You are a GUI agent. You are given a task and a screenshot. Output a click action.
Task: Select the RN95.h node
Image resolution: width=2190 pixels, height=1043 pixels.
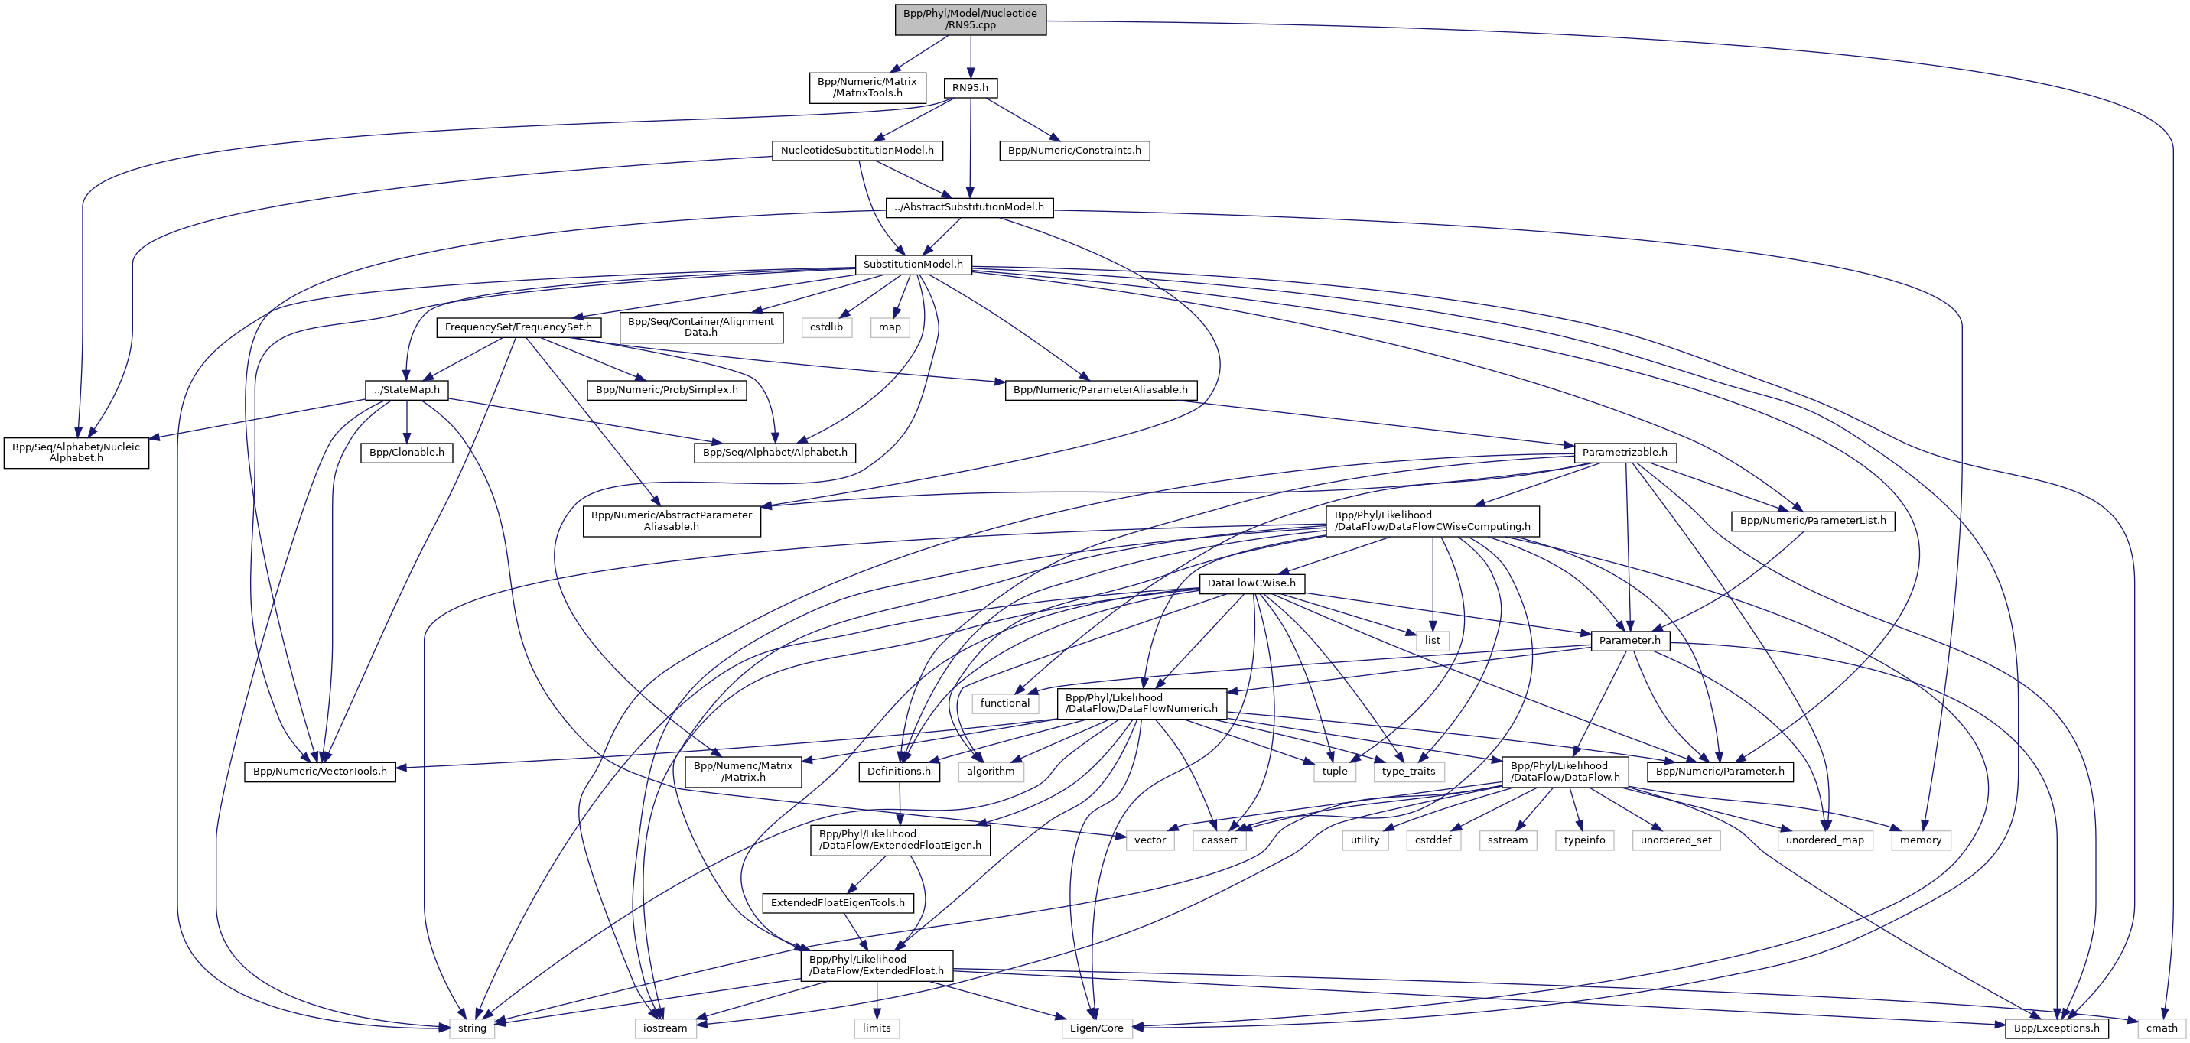pyautogui.click(x=970, y=88)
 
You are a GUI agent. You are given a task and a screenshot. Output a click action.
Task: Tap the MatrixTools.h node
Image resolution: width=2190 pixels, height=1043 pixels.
pyautogui.click(x=867, y=88)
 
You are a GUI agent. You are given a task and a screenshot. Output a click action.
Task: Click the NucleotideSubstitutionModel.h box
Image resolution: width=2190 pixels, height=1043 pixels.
pyautogui.click(x=857, y=151)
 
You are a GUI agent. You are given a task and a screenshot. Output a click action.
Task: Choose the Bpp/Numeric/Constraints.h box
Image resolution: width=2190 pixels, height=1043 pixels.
pyautogui.click(x=1075, y=151)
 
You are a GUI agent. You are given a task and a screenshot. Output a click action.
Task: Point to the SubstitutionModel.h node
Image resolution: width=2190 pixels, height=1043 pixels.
pyautogui.click(x=913, y=265)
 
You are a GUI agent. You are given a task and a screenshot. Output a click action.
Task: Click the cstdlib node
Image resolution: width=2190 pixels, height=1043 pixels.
pyautogui.click(x=826, y=327)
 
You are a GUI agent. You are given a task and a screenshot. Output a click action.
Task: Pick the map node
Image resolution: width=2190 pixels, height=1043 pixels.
pyautogui.click(x=890, y=327)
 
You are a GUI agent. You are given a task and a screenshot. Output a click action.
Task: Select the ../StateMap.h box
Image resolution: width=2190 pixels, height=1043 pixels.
pyautogui.click(x=407, y=390)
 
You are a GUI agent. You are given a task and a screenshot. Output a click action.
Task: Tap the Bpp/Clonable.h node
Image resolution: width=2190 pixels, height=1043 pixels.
pyautogui.click(x=407, y=452)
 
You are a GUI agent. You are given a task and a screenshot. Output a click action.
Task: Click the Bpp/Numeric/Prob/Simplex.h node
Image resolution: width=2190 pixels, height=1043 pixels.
pyautogui.click(x=667, y=390)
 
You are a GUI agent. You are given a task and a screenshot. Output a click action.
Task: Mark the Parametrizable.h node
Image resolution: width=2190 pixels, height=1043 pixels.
pyautogui.click(x=1625, y=452)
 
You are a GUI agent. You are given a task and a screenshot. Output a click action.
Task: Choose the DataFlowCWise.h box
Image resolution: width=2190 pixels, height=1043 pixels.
pyautogui.click(x=1251, y=583)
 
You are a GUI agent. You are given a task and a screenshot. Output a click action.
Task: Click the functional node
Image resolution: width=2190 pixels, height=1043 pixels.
pyautogui.click(x=1004, y=703)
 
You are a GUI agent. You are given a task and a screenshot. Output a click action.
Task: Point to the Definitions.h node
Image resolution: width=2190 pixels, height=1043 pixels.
pyautogui.click(x=900, y=771)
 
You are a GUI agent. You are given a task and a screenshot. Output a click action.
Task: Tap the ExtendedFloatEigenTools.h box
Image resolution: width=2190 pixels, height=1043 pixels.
pyautogui.click(x=838, y=903)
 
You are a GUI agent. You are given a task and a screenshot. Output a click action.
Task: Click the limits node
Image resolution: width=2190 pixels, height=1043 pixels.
pyautogui.click(x=877, y=1028)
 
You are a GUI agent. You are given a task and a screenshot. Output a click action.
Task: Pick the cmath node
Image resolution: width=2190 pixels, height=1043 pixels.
pyautogui.click(x=2162, y=1028)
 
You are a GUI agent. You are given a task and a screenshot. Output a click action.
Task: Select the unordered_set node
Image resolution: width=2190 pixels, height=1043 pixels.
pyautogui.click(x=1677, y=840)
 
